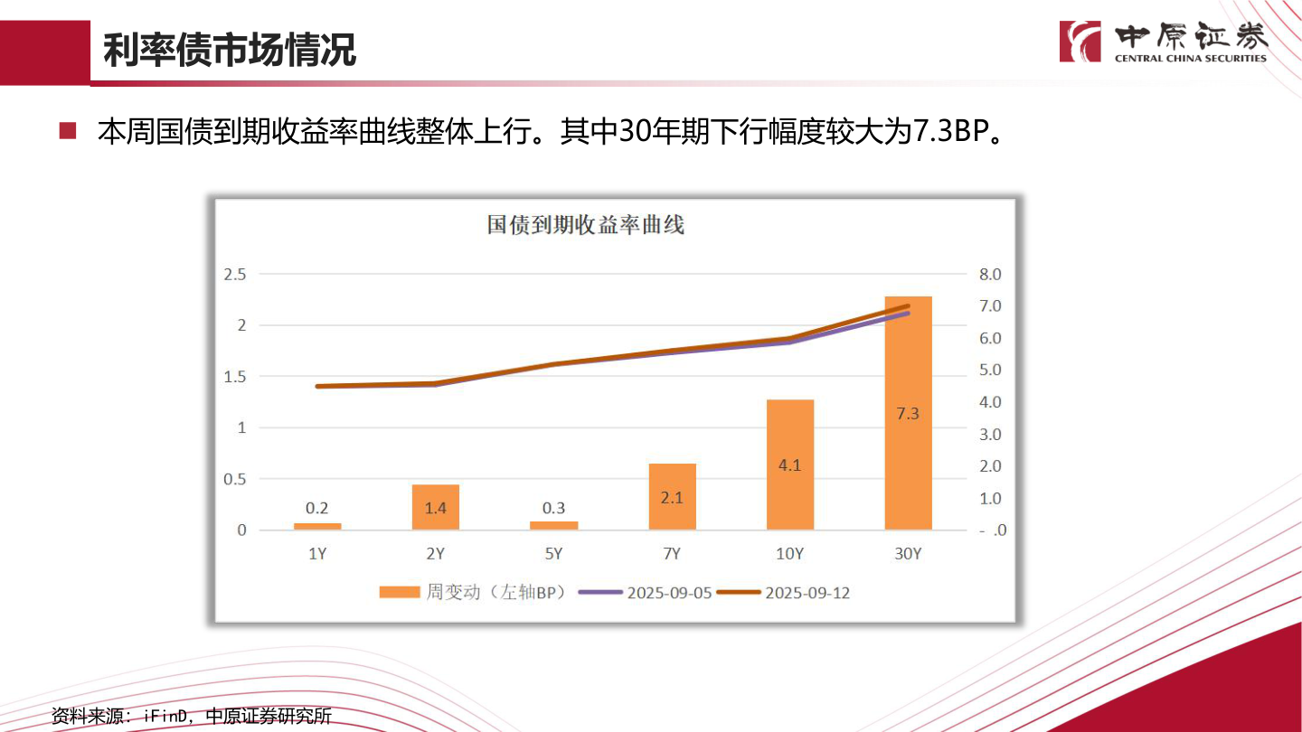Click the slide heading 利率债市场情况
(230, 51)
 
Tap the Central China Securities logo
(1164, 42)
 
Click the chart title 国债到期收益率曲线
(586, 225)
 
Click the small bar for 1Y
(317, 526)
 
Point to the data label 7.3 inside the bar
(908, 414)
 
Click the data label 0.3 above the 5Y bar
(554, 508)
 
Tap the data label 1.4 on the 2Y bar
(436, 508)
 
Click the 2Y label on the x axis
(436, 554)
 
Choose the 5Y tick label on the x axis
(553, 554)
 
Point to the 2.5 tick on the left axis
(235, 275)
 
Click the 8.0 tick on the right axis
(990, 275)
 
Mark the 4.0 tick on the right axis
(990, 402)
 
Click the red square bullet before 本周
(68, 131)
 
